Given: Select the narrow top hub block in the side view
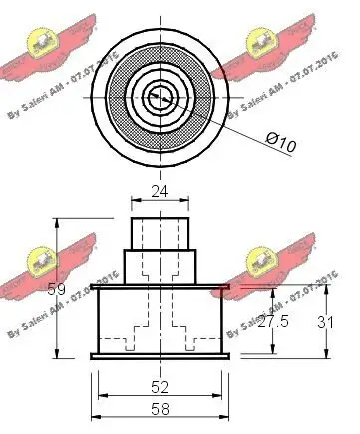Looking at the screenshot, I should coord(160,231).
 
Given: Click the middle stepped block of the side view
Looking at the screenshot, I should coord(160,266).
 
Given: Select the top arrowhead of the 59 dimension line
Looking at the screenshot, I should coord(59,224).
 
